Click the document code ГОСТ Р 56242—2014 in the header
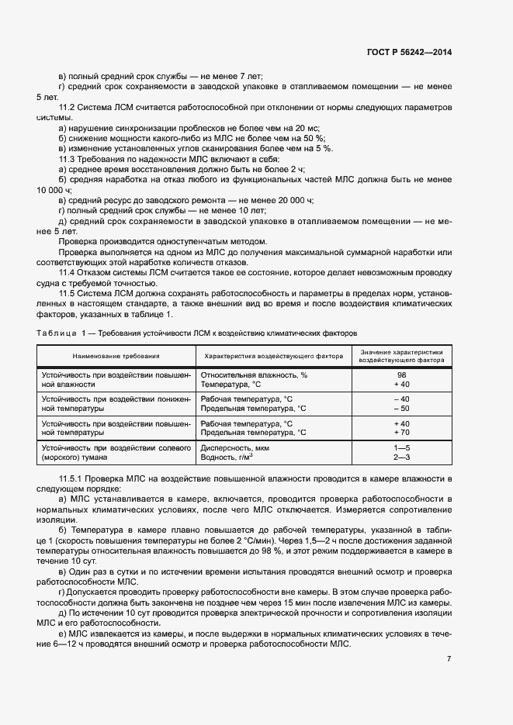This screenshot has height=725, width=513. (408, 52)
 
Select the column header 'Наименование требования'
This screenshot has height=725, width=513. (116, 356)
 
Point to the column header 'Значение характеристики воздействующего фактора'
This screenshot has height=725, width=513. (401, 356)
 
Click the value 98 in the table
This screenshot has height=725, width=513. (401, 375)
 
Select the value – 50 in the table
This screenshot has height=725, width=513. (401, 409)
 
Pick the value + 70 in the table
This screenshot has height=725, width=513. (401, 433)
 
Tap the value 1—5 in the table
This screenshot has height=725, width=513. (401, 447)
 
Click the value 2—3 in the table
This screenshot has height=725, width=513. (401, 457)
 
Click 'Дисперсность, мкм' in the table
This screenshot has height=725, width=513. (235, 447)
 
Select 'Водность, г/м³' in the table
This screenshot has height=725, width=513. (227, 457)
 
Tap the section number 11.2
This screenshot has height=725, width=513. (69, 107)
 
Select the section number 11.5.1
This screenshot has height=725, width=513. (74, 482)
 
